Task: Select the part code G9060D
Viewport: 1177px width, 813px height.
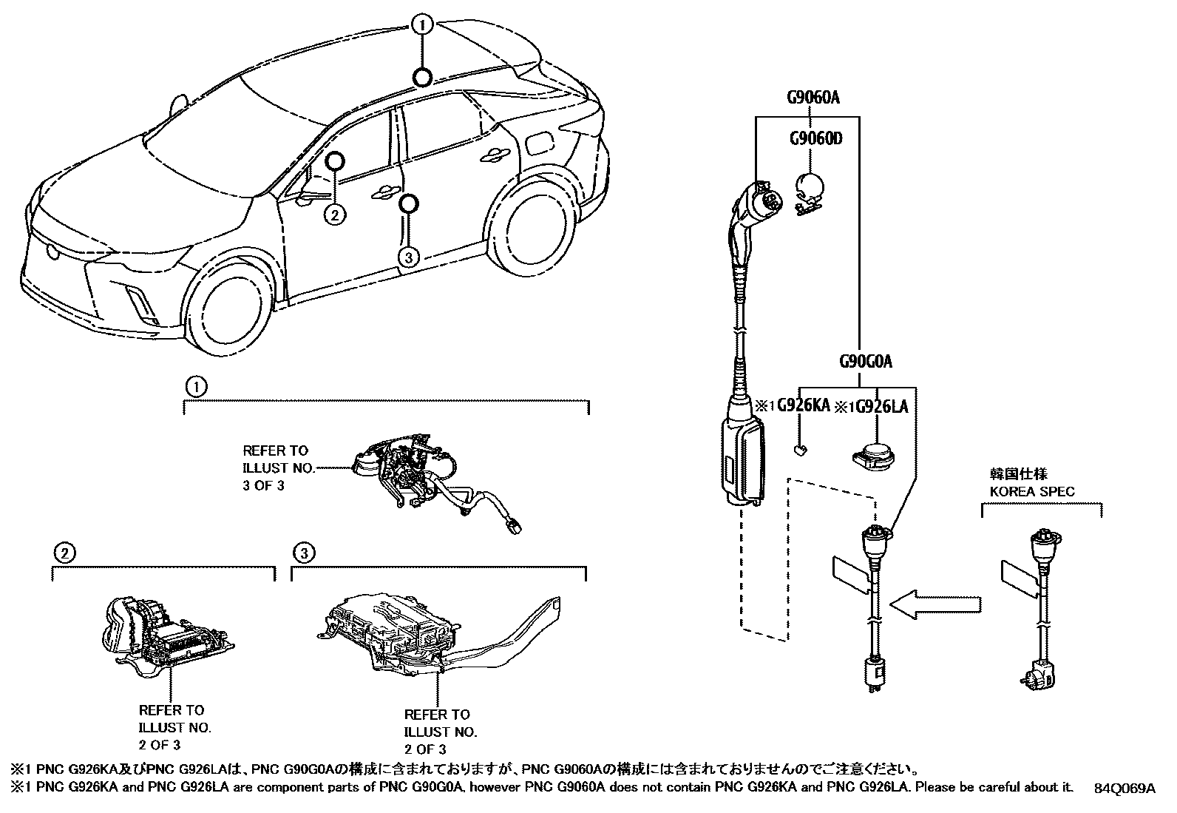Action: tap(815, 138)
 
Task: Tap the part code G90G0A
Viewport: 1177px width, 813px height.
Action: tap(865, 362)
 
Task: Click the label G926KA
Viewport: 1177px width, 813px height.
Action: tap(802, 406)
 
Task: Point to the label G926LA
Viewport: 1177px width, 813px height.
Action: tap(882, 407)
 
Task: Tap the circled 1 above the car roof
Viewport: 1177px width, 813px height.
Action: tap(422, 26)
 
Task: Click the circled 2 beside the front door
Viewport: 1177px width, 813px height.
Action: tap(335, 215)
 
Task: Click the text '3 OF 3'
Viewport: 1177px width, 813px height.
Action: tap(264, 486)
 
